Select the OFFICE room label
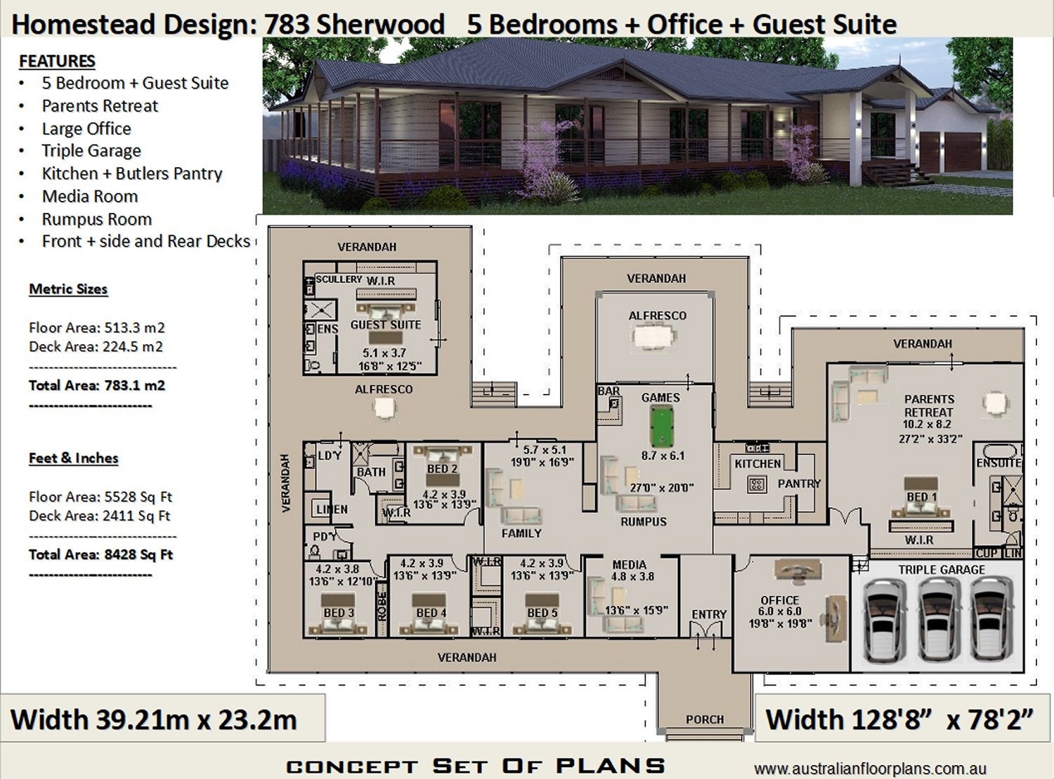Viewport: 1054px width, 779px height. point(779,600)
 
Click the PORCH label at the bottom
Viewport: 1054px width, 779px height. point(704,719)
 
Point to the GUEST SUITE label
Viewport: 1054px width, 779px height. point(385,325)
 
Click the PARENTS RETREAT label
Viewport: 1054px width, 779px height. point(928,405)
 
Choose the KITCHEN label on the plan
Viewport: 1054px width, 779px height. point(757,464)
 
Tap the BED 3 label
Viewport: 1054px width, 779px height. point(338,613)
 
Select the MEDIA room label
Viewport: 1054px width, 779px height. point(629,565)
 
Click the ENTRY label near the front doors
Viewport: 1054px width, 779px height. point(708,615)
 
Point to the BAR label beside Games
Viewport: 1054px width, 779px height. point(609,391)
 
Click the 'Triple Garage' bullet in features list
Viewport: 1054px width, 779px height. point(91,151)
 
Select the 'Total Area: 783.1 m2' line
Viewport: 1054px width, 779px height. point(97,385)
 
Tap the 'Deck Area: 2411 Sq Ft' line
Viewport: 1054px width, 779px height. point(99,516)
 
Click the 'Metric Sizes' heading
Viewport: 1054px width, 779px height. point(68,289)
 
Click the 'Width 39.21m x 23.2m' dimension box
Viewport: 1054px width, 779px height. point(155,720)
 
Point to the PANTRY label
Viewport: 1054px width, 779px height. point(799,484)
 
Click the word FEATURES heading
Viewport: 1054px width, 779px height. point(57,61)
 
